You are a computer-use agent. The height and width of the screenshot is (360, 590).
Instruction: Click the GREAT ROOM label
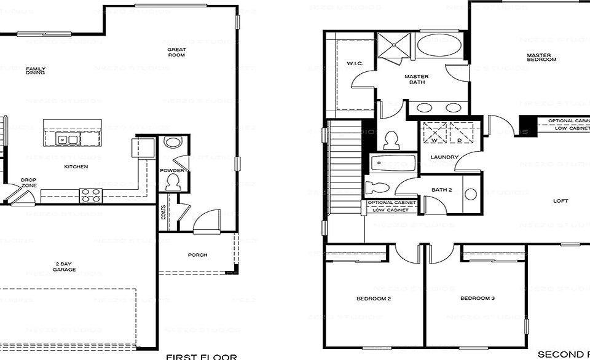tap(176, 52)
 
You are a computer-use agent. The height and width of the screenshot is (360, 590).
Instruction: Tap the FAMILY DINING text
tap(35, 71)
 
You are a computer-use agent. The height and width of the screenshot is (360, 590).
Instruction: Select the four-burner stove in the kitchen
tap(90, 195)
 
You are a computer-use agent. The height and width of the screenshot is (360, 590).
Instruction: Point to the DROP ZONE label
tap(28, 182)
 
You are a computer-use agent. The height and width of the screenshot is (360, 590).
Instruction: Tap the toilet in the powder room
tap(173, 182)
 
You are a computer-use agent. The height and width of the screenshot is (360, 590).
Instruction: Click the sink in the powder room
tap(173, 143)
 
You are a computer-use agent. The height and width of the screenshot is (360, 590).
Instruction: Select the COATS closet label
tap(163, 213)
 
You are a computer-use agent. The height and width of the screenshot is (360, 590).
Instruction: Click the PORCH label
tap(198, 255)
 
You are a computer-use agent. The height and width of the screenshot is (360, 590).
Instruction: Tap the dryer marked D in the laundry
tap(460, 132)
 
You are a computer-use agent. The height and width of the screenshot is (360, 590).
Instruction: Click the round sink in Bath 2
tap(471, 194)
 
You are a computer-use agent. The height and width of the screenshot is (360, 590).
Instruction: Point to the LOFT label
tap(560, 201)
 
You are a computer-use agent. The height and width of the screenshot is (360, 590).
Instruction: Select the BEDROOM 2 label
tap(374, 299)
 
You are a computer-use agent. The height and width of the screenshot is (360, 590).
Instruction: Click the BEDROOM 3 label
tap(478, 299)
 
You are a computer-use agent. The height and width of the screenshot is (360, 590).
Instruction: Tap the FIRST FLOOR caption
tap(202, 356)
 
